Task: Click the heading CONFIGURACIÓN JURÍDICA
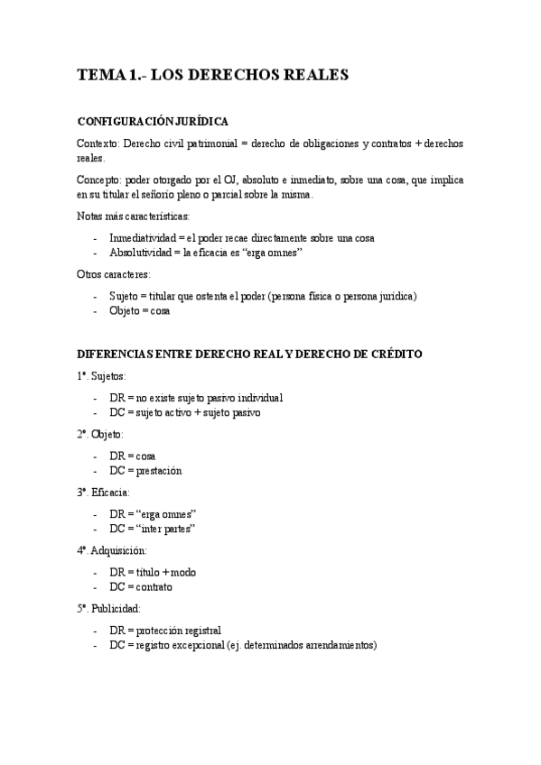tap(153, 122)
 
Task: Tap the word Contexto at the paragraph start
tap(98, 144)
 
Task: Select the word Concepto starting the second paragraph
tap(98, 180)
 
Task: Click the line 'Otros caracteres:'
tap(113, 274)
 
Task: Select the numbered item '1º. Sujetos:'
tap(101, 375)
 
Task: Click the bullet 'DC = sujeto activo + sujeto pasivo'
tap(185, 412)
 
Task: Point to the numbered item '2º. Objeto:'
tap(100, 434)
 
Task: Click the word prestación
tap(159, 471)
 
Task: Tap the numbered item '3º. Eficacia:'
tap(103, 493)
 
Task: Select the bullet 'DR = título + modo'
tap(153, 572)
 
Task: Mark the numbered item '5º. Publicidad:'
tap(108, 609)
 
